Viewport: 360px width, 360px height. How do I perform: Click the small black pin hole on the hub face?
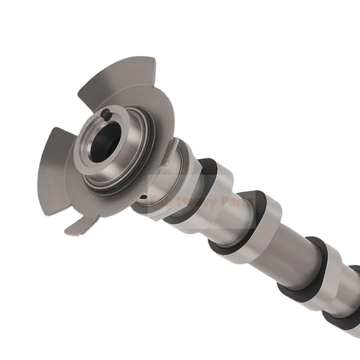coord(106,116)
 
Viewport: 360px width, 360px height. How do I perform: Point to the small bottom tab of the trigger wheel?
coord(79,225)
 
